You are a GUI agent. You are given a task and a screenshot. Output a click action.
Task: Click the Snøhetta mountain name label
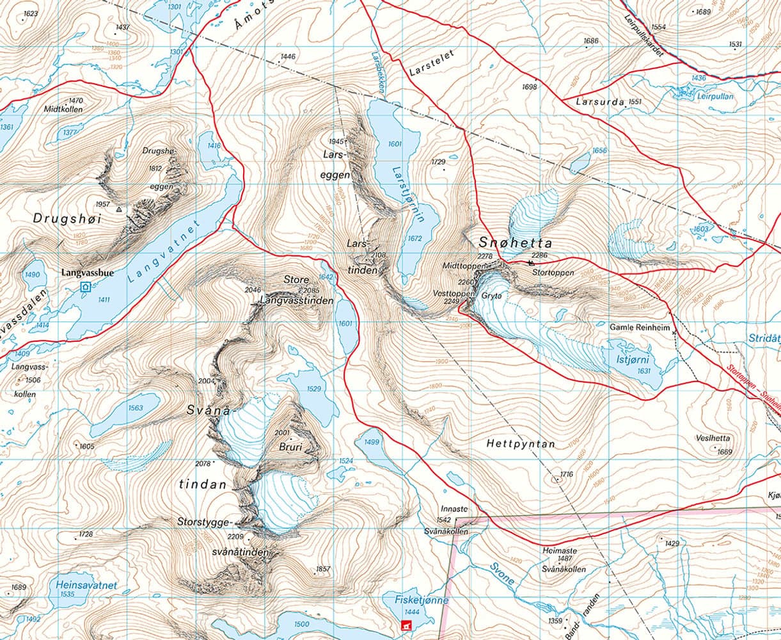pos(514,243)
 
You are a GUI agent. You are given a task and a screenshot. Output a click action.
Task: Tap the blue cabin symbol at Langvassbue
pos(86,288)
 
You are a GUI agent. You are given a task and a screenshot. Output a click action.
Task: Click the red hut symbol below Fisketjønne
pos(404,625)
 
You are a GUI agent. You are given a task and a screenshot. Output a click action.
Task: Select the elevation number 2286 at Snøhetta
pos(539,256)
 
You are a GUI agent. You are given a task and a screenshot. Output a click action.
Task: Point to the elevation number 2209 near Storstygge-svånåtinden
pos(236,536)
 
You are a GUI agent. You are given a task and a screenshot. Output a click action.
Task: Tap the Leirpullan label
pos(714,97)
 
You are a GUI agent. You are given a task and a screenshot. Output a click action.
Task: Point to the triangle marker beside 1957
pos(119,209)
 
